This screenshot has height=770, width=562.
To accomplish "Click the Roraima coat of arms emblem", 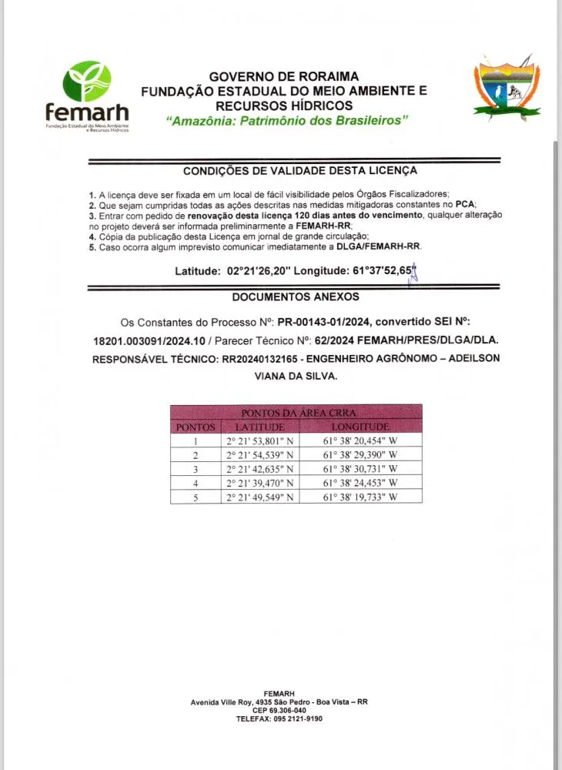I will tap(506, 89).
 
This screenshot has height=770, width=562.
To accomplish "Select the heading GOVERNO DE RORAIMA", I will tap(284, 76).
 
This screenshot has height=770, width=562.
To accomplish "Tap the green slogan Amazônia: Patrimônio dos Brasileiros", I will tap(286, 121).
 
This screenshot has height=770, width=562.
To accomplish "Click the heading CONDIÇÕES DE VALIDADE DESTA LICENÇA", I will tap(300, 170).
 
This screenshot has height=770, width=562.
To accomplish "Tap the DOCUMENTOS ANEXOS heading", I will tap(295, 296).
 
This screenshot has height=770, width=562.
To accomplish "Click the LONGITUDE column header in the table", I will tap(360, 427).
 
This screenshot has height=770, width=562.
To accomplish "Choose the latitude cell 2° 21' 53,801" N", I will tap(259, 441).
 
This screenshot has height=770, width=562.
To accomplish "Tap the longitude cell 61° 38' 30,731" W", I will tap(360, 469).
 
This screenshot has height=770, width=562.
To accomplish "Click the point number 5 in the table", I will tap(196, 497).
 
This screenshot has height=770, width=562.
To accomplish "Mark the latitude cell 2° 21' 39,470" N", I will tap(259, 484).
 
